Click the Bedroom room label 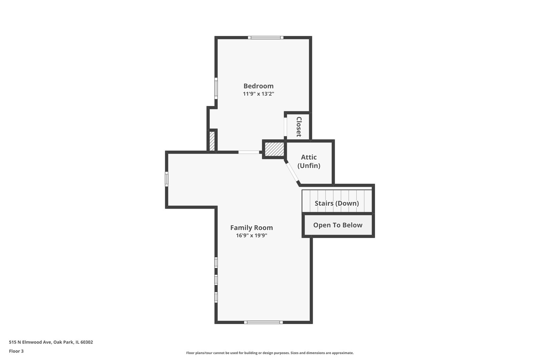click(x=258, y=86)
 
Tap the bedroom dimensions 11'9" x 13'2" click(x=258, y=94)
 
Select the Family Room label click(x=251, y=228)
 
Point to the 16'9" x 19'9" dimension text click(x=251, y=235)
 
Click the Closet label click(x=299, y=127)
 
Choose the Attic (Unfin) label click(x=309, y=161)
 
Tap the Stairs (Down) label click(x=337, y=203)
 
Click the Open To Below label click(x=338, y=225)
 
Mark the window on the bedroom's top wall click(x=266, y=38)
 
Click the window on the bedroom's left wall click(x=216, y=88)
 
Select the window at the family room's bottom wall click(x=263, y=322)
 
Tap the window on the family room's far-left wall click(x=167, y=179)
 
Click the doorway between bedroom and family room click(x=249, y=152)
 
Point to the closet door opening click(x=285, y=127)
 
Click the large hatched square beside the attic click(x=274, y=149)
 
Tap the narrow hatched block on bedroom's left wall click(x=212, y=141)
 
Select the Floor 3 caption click(x=16, y=351)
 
